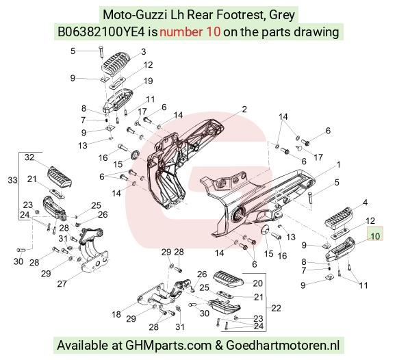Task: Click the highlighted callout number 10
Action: point(375,236)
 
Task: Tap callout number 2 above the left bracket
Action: point(244,109)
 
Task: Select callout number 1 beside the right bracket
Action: point(339,165)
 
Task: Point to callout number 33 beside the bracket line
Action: point(12,180)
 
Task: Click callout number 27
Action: point(62,283)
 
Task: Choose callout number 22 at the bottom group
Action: point(276,308)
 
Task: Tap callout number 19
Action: point(148,81)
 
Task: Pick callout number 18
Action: point(116,314)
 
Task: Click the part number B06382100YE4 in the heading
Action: point(101,32)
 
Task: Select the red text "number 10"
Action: point(190,32)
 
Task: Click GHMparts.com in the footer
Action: point(168,346)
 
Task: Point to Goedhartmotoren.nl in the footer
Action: point(283,345)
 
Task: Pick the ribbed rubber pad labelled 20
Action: point(228,279)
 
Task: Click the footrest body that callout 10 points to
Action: point(340,249)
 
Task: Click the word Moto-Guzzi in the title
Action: point(135,14)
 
